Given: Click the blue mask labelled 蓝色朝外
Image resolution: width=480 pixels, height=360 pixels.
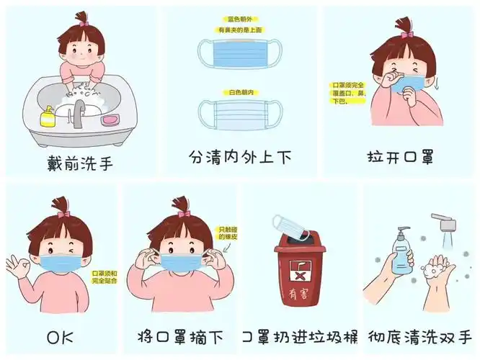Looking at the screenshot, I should point(240,55).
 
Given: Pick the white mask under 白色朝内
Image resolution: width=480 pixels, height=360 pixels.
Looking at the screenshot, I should point(239,115).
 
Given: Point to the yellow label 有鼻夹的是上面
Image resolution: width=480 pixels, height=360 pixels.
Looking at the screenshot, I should point(239,30).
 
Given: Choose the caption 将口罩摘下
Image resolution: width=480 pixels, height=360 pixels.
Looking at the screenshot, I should point(179,336).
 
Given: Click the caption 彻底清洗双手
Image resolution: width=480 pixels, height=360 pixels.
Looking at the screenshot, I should point(419,336).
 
